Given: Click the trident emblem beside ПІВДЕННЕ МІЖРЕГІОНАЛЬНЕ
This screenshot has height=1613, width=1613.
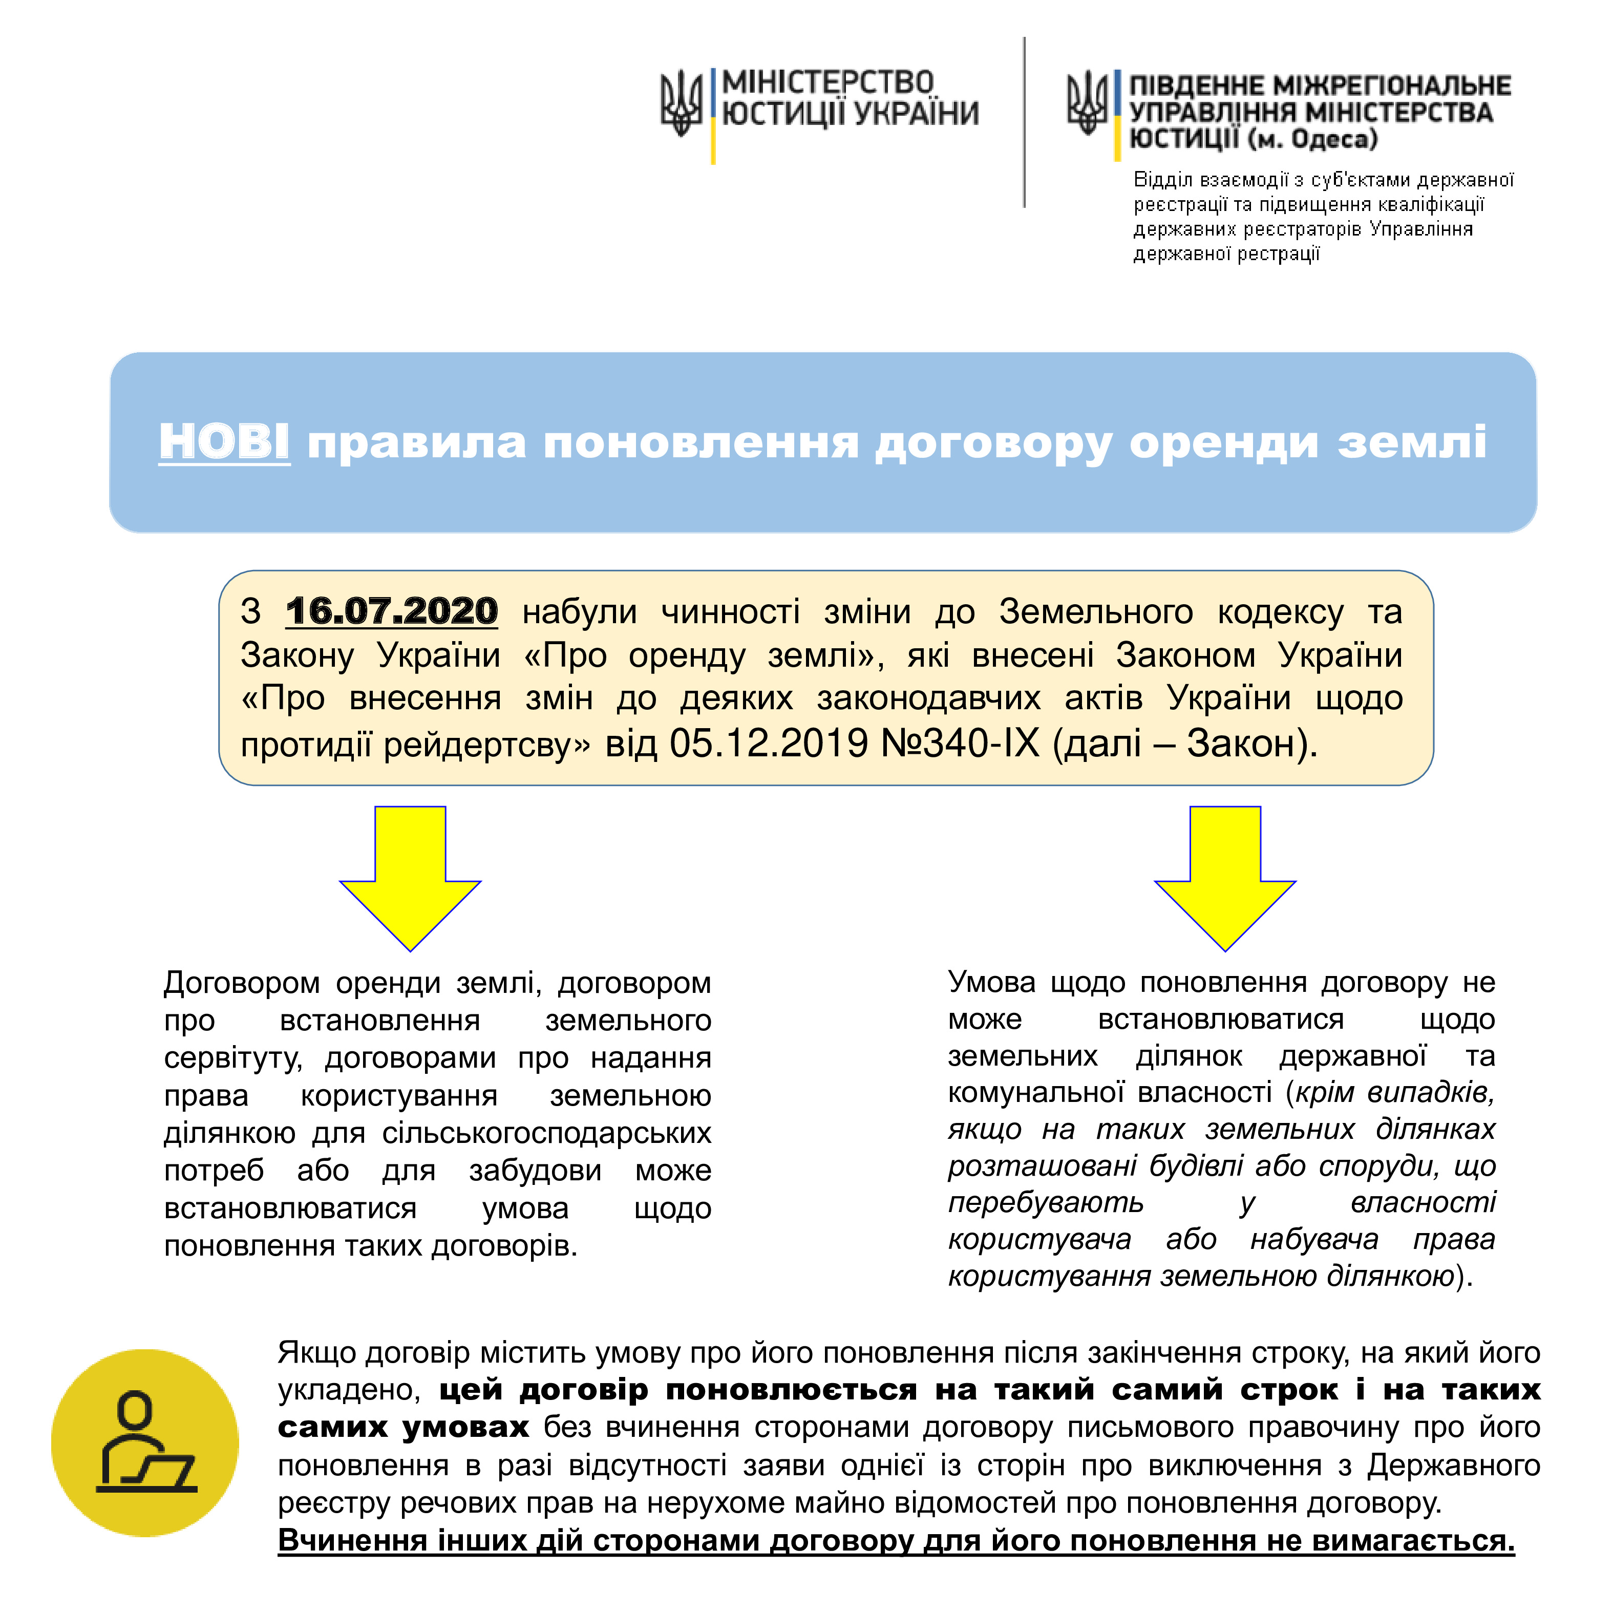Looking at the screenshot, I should [x=1087, y=102].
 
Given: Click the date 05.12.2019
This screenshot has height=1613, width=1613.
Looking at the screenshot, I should [x=769, y=742].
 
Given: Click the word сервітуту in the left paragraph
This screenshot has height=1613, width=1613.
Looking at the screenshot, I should [x=232, y=1058].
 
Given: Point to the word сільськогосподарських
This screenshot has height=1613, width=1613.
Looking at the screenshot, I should [x=547, y=1133].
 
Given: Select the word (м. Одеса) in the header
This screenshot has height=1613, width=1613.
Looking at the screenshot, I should [x=1311, y=139].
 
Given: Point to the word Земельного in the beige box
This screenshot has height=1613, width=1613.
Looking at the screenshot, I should [x=1095, y=612].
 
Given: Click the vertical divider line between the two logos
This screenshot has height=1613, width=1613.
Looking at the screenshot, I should [x=1025, y=122].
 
